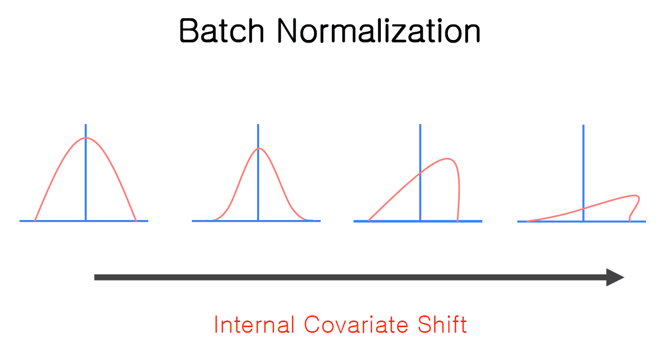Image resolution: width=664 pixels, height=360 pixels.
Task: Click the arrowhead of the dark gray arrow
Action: [x=616, y=277]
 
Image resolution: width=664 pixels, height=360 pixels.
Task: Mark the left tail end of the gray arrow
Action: [x=96, y=277]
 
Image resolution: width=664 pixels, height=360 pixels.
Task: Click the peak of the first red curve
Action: [x=86, y=138]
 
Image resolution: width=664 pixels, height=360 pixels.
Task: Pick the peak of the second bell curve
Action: [x=258, y=149]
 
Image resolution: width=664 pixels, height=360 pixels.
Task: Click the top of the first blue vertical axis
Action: [x=86, y=125]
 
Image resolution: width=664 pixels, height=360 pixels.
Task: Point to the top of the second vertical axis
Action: [x=258, y=125]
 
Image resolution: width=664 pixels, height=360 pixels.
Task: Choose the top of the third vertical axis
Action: [x=420, y=125]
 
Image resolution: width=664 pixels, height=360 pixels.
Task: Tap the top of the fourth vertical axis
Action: [x=583, y=125]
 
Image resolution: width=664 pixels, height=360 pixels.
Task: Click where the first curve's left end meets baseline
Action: [x=35, y=221]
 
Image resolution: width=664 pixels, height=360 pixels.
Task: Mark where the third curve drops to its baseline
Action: [x=457, y=221]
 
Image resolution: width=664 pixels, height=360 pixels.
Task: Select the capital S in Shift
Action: [x=421, y=325]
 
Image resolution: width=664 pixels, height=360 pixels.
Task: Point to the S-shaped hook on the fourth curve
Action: [x=634, y=207]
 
